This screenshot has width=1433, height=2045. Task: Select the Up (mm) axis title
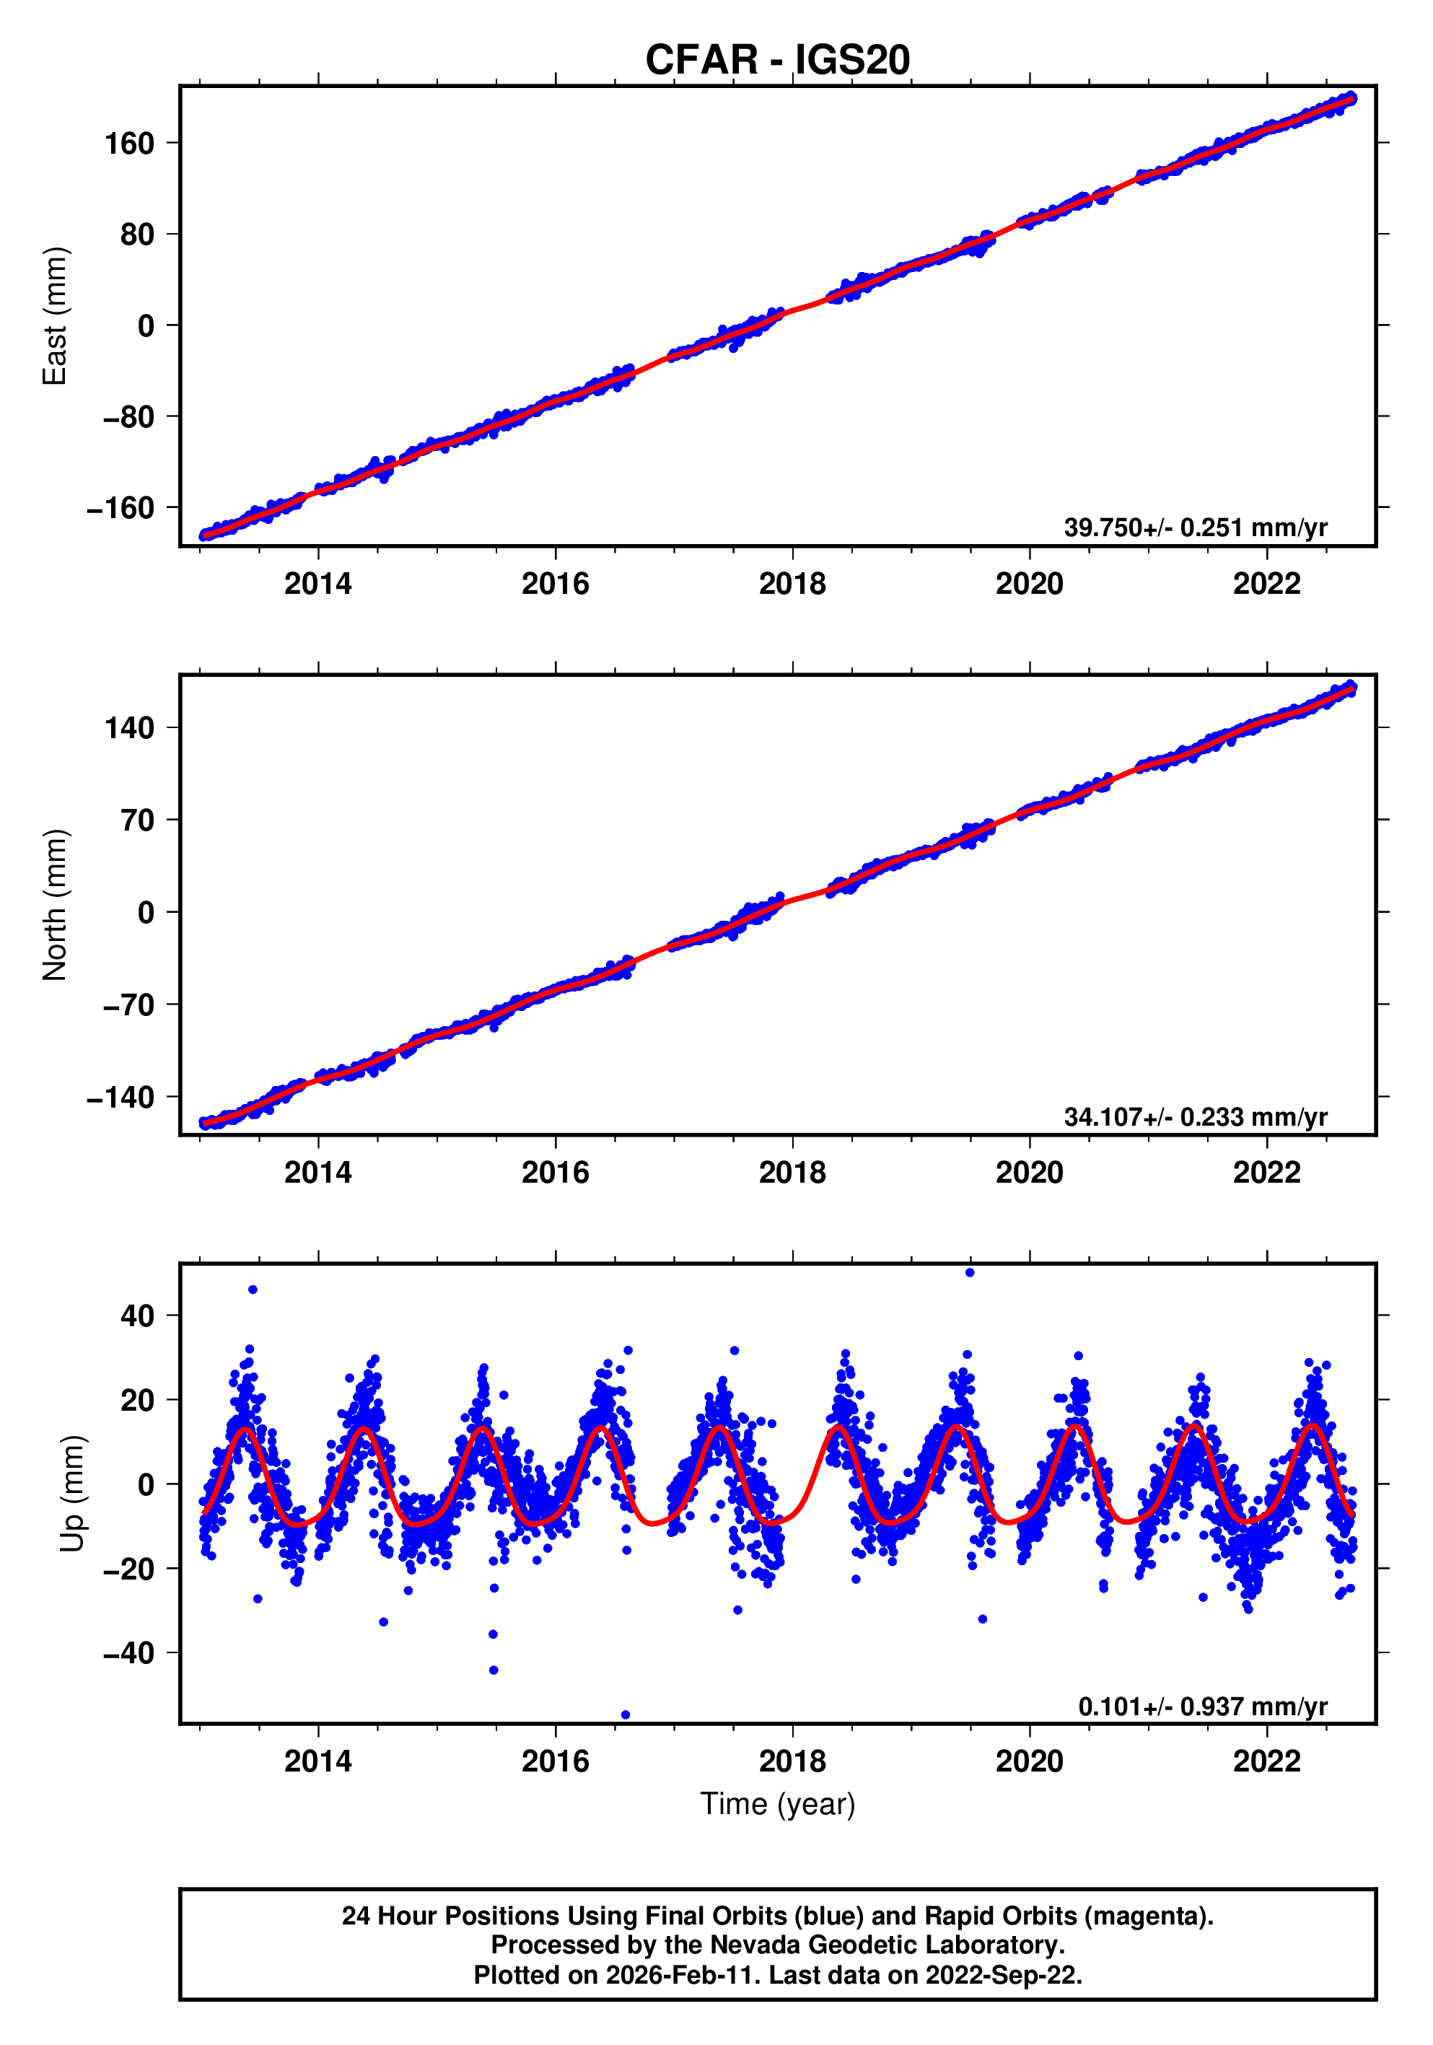[x=73, y=1494]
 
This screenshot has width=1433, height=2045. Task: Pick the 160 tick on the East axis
[x=129, y=144]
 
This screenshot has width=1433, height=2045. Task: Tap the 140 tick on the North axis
[x=129, y=727]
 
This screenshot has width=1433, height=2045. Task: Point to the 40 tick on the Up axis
[x=138, y=1315]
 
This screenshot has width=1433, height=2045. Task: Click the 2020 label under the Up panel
[x=1029, y=1761]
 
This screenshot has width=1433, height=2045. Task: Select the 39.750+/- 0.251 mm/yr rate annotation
[x=1195, y=527]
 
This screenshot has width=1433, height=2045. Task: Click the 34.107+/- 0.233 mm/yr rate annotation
[x=1195, y=1116]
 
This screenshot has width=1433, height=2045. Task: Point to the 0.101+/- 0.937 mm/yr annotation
[x=1202, y=1707]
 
